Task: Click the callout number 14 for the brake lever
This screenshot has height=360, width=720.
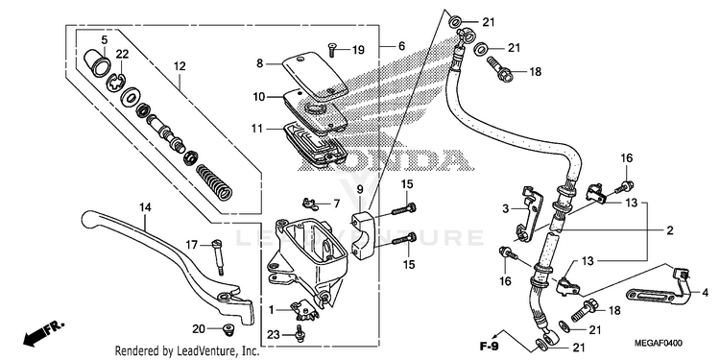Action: [145, 207]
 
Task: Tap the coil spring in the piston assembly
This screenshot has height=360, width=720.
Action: [214, 182]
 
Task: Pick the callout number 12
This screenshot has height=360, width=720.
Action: [180, 66]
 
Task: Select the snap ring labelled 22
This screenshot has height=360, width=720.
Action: [116, 83]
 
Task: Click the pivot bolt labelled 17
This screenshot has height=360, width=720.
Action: [218, 257]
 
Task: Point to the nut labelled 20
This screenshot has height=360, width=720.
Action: [227, 328]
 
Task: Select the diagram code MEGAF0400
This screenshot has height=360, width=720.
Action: [658, 344]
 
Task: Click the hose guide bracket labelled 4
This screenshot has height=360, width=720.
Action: [659, 289]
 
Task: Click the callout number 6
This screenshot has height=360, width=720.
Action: [402, 46]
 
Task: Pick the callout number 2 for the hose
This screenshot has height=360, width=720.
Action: [670, 231]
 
